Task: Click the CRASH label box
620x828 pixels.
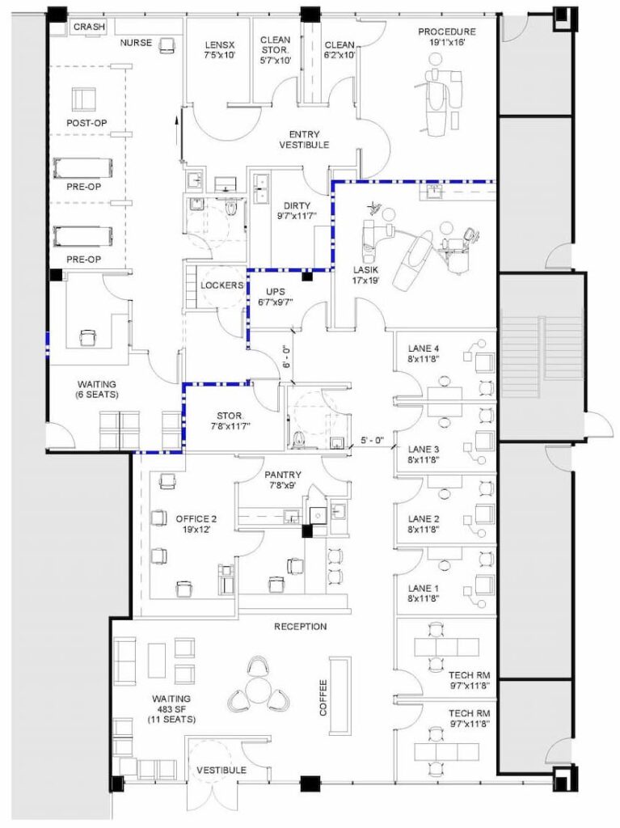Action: pyautogui.click(x=89, y=27)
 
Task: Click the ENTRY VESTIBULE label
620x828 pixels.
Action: pyautogui.click(x=304, y=139)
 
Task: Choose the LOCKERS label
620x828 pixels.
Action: pyautogui.click(x=221, y=285)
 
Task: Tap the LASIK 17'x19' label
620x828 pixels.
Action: pyautogui.click(x=366, y=275)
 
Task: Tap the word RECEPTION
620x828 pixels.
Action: pyautogui.click(x=301, y=627)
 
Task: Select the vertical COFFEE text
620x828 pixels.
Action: pyautogui.click(x=323, y=698)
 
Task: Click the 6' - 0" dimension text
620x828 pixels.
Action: pyautogui.click(x=285, y=357)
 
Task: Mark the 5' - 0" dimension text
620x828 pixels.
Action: pyautogui.click(x=373, y=439)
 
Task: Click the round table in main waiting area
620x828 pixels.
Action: pyautogui.click(x=258, y=690)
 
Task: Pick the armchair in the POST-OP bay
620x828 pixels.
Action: pyautogui.click(x=85, y=99)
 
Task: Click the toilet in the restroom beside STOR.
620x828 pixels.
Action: pyautogui.click(x=298, y=439)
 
